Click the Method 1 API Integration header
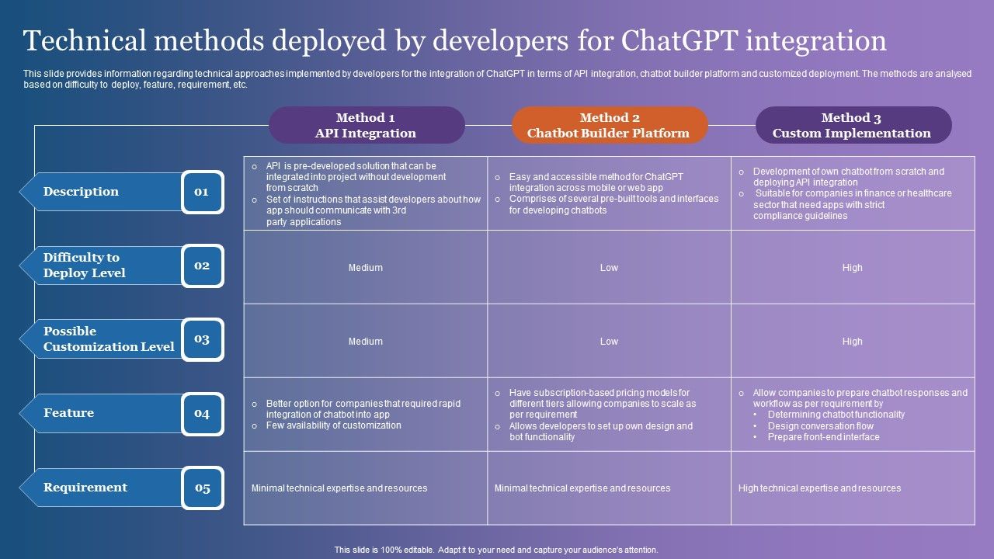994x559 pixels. (x=366, y=125)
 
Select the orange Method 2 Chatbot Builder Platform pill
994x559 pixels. (x=609, y=125)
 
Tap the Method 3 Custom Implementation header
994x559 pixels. (x=852, y=125)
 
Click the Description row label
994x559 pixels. (x=82, y=192)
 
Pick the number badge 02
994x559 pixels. (x=202, y=266)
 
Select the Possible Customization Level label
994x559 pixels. (x=109, y=339)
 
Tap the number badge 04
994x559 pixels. (x=202, y=414)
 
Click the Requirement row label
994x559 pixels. (x=85, y=488)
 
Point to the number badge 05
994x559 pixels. (x=202, y=488)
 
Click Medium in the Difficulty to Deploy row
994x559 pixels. (x=365, y=268)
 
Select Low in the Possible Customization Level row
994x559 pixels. (x=609, y=342)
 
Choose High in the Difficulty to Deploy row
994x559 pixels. (x=852, y=268)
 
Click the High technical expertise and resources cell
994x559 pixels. (x=819, y=488)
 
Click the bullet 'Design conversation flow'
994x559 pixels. (x=820, y=425)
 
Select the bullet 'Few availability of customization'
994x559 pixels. (x=333, y=425)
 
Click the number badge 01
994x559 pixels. (x=202, y=192)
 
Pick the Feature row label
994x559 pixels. (x=69, y=413)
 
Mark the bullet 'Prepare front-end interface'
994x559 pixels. (x=823, y=437)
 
